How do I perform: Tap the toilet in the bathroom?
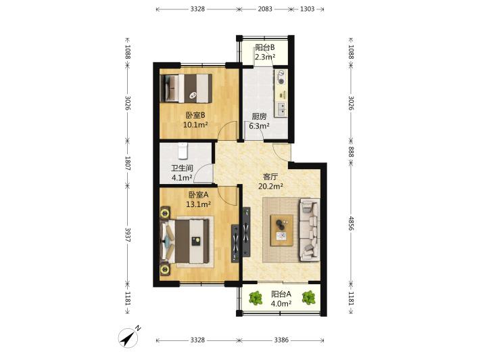point(183,151)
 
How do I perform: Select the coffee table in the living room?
point(282,230)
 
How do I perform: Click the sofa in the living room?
point(310,230)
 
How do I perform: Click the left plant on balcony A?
point(256,298)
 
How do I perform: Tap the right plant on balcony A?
point(308,298)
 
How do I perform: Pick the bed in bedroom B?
point(186,88)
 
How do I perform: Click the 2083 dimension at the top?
point(265,9)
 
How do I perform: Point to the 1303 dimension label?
point(307,9)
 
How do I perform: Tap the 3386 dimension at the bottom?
point(281,340)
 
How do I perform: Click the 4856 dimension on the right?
point(351,224)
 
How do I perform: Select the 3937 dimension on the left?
point(128,235)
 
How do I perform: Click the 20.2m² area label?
point(270,186)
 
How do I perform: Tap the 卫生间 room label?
point(182,168)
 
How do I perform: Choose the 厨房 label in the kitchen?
point(259,116)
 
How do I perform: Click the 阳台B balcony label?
point(265,47)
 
